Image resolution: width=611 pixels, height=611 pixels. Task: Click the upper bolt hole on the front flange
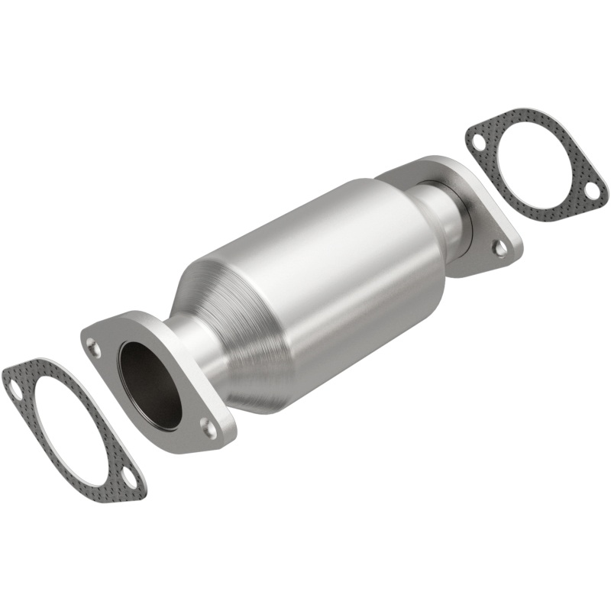[93, 349]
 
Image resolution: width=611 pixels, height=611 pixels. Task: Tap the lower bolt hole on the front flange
[207, 424]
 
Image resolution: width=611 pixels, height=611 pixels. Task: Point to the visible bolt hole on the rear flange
[499, 247]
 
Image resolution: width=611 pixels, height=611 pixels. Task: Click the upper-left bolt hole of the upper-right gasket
[477, 142]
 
